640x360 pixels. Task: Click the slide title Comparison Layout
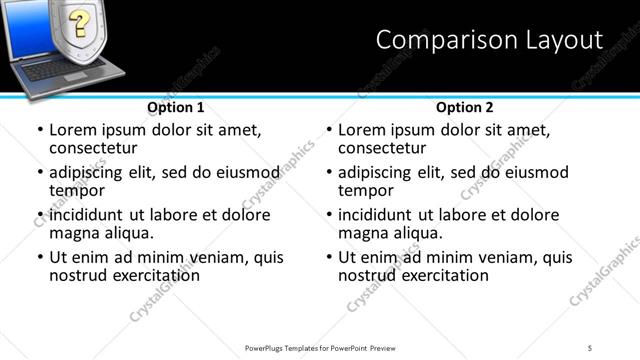489,40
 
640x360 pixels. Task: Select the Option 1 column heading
176,107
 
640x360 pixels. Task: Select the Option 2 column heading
465,107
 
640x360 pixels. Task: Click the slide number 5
590,347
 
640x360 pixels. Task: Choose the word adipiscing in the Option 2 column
374,173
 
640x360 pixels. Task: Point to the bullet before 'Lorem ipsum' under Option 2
329,131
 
